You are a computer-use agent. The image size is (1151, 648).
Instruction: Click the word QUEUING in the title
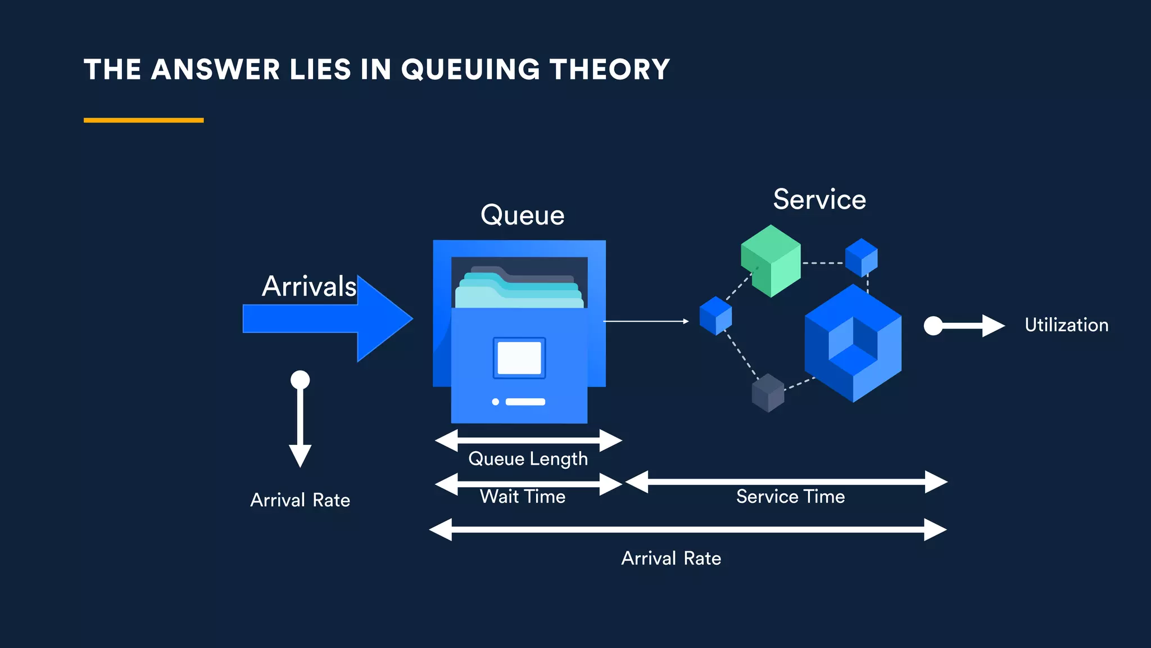[x=470, y=70]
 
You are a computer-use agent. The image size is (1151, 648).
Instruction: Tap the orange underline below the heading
[x=143, y=120]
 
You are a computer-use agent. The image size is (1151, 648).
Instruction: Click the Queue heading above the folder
[x=522, y=215]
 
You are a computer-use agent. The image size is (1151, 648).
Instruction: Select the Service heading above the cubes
[x=819, y=200]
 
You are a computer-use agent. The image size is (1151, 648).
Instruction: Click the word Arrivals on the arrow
[x=309, y=286]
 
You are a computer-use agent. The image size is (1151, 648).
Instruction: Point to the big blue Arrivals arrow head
[x=385, y=318]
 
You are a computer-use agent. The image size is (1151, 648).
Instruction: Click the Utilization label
[x=1066, y=325]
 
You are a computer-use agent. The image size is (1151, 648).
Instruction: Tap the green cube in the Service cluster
[x=771, y=260]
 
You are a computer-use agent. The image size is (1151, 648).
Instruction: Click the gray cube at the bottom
[x=768, y=393]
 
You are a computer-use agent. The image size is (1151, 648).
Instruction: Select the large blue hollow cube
[x=853, y=343]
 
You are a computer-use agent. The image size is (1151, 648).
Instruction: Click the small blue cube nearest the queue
[x=715, y=316]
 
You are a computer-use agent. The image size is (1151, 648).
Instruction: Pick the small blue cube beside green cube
[x=861, y=258]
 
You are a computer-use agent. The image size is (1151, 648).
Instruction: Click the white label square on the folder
[x=519, y=358]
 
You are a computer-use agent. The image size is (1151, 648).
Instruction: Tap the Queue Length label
[x=528, y=459]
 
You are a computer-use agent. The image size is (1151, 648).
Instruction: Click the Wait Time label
[x=522, y=497]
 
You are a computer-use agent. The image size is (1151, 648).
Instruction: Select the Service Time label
[x=790, y=497]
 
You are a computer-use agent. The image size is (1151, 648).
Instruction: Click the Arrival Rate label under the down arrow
[x=300, y=500]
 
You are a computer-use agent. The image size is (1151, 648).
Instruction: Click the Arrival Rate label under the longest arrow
[x=671, y=559]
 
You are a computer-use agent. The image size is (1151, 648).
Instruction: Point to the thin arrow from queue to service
[x=646, y=321]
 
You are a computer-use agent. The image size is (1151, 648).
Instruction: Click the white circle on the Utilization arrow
[x=933, y=326]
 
